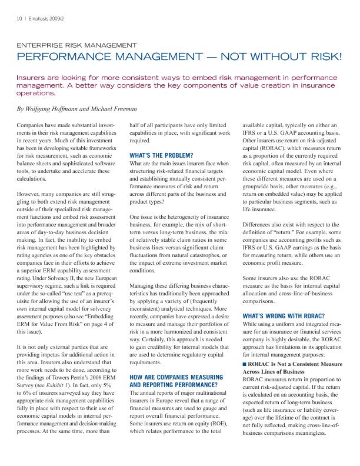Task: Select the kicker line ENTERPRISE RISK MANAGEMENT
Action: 76,45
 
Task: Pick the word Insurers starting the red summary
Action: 34,77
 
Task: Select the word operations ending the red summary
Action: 38,92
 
